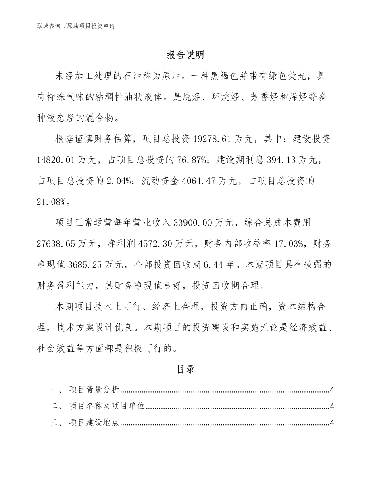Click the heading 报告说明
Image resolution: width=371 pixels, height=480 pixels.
[x=185, y=55]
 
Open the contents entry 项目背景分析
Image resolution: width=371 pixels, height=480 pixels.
[x=94, y=390]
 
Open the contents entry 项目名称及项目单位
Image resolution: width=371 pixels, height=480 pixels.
[x=106, y=406]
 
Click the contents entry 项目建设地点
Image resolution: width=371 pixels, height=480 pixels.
[x=94, y=423]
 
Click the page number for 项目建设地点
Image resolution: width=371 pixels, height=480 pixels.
[x=332, y=423]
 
